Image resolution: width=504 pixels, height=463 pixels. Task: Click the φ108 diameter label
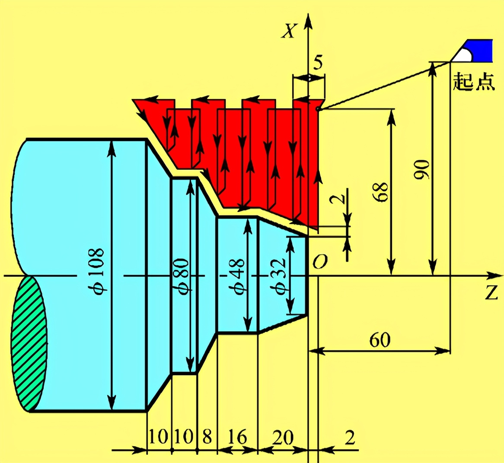pos(96,272)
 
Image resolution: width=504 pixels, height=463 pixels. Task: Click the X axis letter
pos(289,31)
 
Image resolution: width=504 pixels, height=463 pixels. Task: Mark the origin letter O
pos(320,262)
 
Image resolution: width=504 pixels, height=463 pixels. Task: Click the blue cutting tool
pos(472,51)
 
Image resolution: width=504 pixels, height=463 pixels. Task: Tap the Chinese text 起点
pos(474,81)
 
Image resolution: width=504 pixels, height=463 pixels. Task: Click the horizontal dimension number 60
pos(380,340)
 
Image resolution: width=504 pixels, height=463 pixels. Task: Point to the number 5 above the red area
pos(318,63)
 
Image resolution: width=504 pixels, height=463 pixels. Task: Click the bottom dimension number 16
pos(238,437)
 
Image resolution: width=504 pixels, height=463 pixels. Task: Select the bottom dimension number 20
pos(283,437)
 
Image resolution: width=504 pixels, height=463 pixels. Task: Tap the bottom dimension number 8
pos(207,437)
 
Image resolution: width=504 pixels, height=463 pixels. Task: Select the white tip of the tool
pos(463,55)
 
